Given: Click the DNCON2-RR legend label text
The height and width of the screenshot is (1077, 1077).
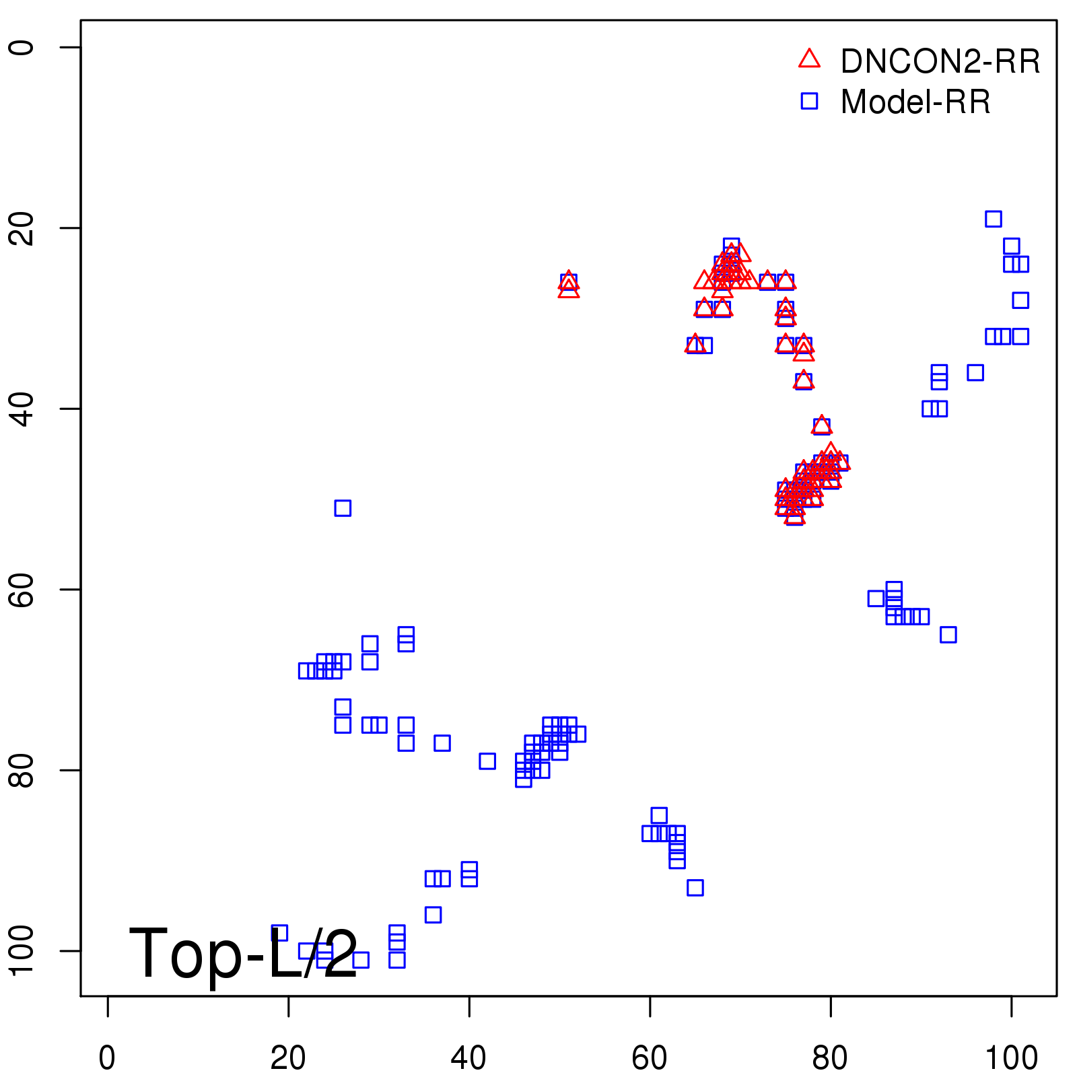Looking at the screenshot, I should pos(940,62).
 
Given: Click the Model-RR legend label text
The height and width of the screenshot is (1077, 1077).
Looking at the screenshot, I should pos(915,102).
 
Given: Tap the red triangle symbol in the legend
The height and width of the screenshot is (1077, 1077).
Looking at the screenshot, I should pos(809,59).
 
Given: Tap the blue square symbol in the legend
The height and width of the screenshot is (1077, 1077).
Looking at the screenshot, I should pos(809,101).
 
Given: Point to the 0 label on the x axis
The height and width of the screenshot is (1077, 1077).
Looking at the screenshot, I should pos(107,1059).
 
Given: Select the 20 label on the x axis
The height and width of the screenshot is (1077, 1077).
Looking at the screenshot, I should pos(288,1059).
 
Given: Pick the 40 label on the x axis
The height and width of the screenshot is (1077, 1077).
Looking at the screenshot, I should pos(468,1059).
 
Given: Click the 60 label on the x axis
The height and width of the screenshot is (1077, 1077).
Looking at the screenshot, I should pos(650,1059).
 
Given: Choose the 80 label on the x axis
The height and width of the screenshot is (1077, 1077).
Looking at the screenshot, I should pos(830,1059).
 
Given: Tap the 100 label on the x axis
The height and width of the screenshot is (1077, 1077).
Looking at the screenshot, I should pos(1011,1059).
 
